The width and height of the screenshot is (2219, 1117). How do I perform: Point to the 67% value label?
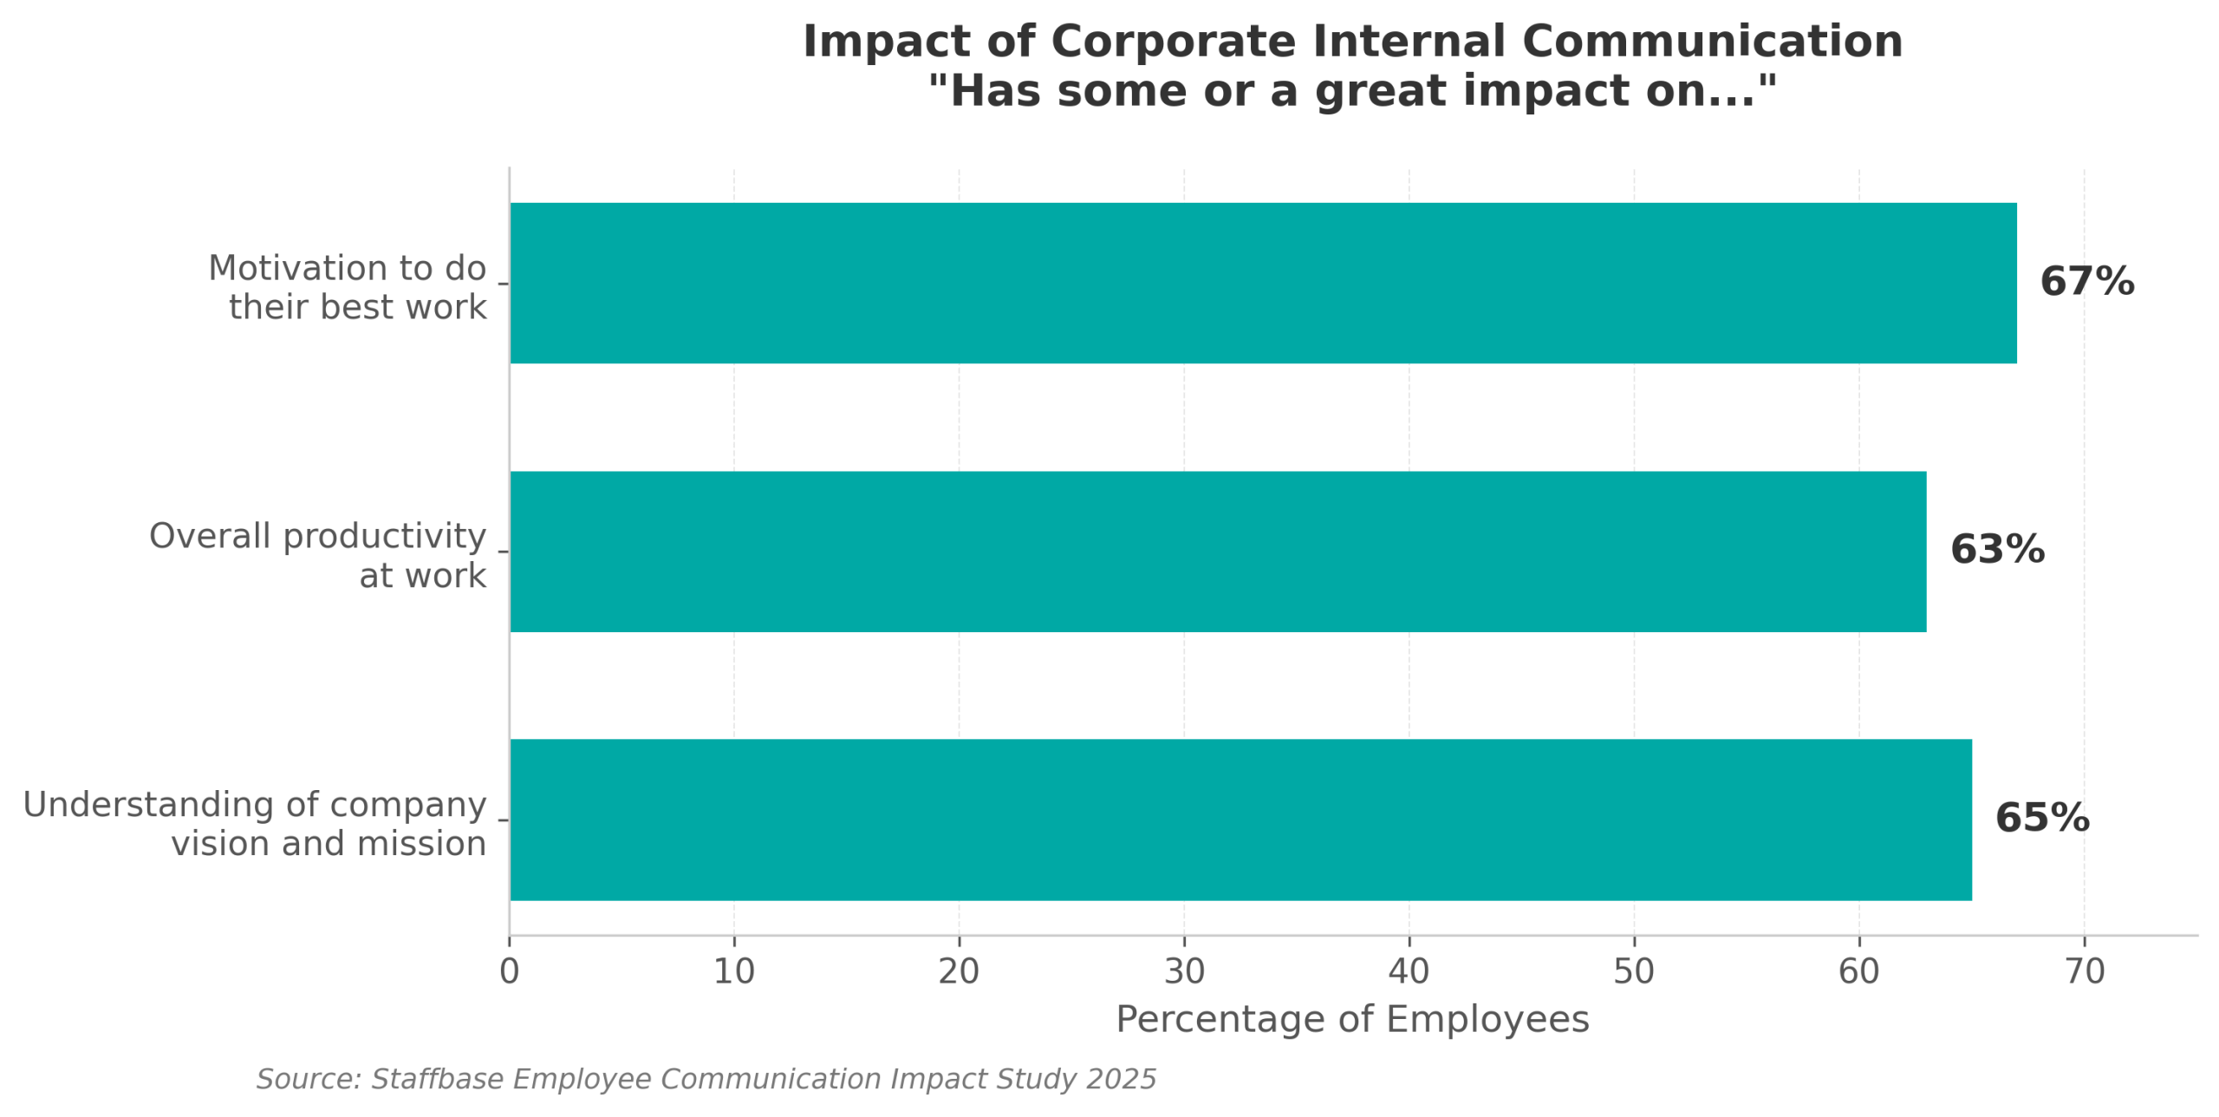pos(2086,283)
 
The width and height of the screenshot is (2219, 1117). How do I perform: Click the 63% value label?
pos(1996,551)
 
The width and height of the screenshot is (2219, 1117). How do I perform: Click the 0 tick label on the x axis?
pos(509,972)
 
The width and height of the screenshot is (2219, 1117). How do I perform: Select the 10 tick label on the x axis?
pos(733,972)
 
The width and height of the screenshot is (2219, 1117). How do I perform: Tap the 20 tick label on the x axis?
pos(959,972)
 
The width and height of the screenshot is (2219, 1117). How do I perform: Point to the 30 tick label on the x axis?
pos(1184,972)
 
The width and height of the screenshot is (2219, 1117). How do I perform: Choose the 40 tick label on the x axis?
pos(1409,972)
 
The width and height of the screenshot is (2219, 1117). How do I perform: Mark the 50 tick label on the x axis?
pos(1634,972)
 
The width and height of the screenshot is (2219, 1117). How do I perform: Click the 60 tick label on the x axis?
pos(1858,972)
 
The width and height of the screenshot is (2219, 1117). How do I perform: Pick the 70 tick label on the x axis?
pos(2084,972)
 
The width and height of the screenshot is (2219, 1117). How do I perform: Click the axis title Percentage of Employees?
pos(1352,1020)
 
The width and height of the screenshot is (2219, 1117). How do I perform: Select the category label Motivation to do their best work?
pos(348,288)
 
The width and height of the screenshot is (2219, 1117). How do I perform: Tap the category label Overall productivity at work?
pos(318,556)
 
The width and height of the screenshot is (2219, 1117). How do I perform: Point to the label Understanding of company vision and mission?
pos(255,824)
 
